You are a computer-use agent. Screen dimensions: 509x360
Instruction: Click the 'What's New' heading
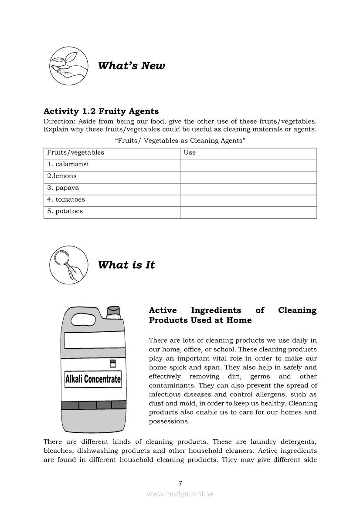coord(131,66)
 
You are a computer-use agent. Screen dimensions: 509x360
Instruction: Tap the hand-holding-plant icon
coord(68,65)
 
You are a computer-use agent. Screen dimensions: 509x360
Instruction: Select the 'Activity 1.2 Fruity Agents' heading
coord(101,111)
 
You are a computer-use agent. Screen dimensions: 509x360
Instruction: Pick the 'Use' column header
coord(190,152)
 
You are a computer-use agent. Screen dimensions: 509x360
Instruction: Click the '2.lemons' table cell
coord(62,176)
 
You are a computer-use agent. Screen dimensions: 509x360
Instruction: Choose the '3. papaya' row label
coord(63,188)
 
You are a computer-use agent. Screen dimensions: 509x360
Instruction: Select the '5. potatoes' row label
coord(65,211)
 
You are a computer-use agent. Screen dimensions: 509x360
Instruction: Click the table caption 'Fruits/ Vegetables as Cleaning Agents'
coord(180,141)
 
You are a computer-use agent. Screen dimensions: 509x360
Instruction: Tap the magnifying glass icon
coord(68,264)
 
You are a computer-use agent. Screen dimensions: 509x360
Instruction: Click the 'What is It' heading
coord(126,265)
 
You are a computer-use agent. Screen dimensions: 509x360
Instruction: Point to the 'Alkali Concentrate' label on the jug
coord(93,379)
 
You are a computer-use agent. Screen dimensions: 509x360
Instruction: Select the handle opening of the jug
coord(85,319)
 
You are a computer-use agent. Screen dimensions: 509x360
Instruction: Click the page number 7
coord(180,483)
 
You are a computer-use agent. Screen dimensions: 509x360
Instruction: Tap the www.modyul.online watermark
coord(180,494)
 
